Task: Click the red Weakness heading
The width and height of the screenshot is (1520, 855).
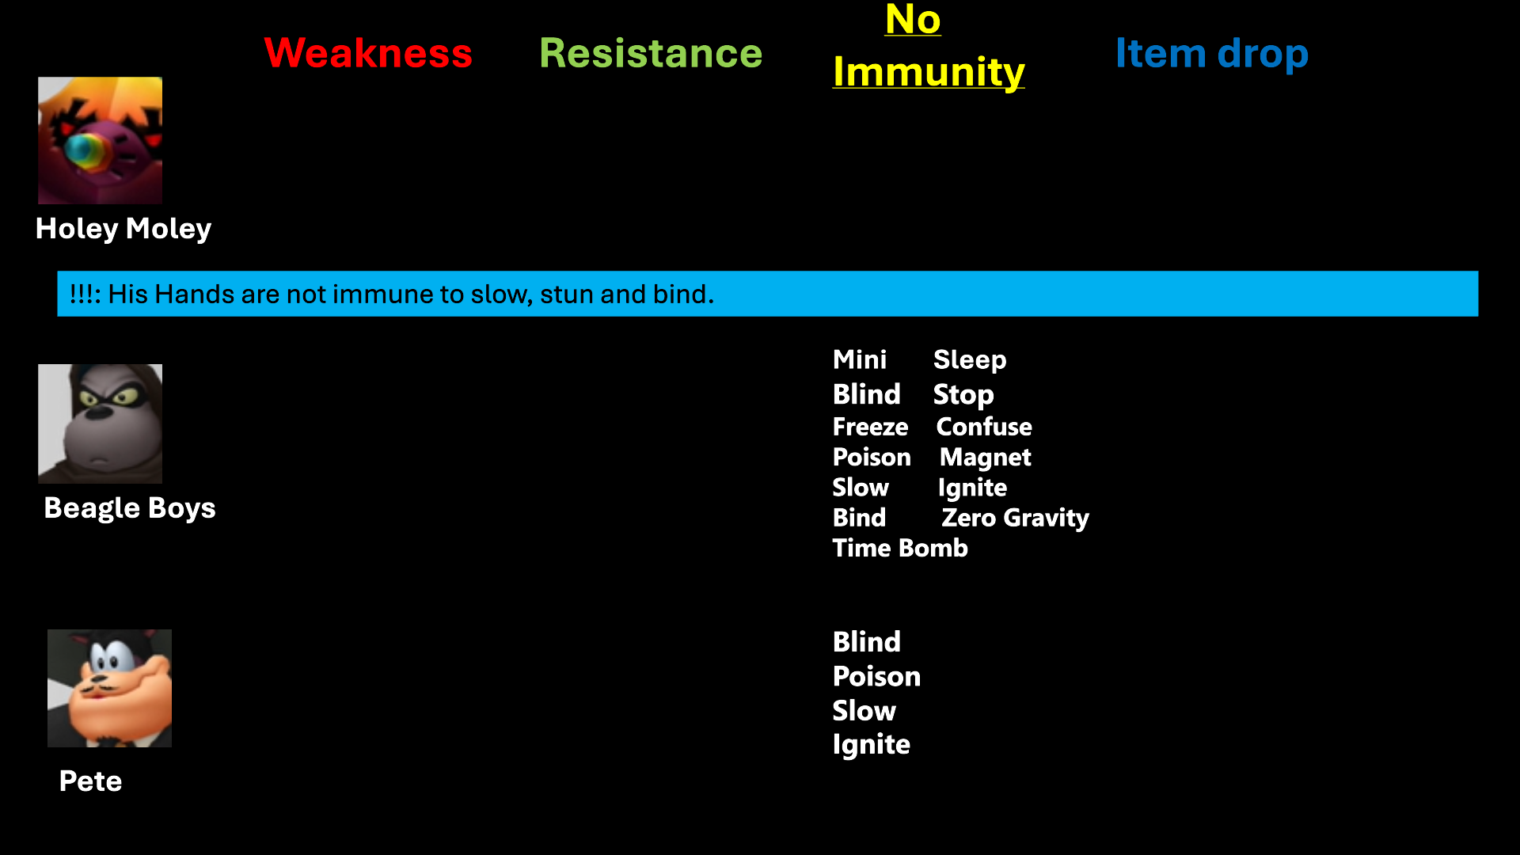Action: coord(368,53)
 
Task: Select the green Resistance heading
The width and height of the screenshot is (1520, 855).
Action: coord(651,53)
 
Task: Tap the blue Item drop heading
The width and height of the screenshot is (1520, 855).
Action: coord(1212,53)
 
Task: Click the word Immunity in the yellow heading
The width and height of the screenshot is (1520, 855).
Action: coord(929,72)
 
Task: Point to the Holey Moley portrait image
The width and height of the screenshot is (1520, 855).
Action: coord(101,140)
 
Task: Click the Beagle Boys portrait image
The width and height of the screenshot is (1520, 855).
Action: coord(101,424)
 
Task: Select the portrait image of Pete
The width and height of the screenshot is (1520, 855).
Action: coord(109,688)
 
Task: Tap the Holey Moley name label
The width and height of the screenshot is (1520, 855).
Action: coord(123,229)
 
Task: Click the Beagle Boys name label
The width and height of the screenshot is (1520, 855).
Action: coord(130,507)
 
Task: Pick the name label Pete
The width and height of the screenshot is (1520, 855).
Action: coord(91,781)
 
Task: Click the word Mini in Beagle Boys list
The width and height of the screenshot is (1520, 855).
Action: coord(860,359)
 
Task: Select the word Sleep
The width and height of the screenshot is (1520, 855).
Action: coord(970,360)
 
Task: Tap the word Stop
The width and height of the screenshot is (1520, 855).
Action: coord(963,395)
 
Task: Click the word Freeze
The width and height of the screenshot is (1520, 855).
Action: coord(871,427)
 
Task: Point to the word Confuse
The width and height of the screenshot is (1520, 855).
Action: coord(984,427)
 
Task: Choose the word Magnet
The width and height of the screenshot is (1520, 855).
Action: coord(986,458)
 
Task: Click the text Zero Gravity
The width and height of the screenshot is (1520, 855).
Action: coord(1016,518)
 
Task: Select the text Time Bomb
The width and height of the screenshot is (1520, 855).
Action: coord(900,548)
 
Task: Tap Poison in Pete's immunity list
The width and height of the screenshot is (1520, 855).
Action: coord(877,676)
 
